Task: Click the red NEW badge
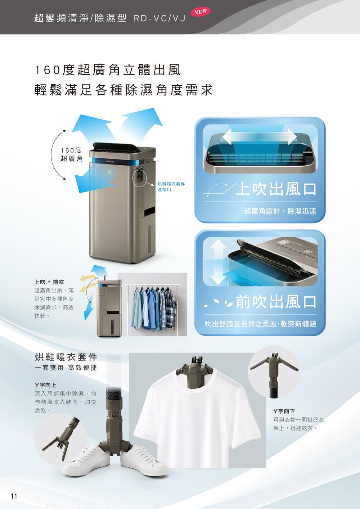coord(201,12)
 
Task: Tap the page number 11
coord(14,496)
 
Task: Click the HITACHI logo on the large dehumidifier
coord(109,161)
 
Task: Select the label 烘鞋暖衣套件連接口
coord(171,186)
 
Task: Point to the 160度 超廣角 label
coord(71,154)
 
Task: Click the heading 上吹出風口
coord(276,189)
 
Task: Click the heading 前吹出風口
coord(276,302)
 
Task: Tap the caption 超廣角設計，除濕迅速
coord(280,211)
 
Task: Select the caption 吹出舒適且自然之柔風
coord(240,324)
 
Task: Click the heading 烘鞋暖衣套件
coord(66,357)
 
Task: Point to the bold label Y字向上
coord(45,385)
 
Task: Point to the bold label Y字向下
coord(284,411)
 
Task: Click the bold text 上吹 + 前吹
coord(49,282)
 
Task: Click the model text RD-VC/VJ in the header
coord(159,18)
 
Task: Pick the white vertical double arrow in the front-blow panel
coord(218,262)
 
